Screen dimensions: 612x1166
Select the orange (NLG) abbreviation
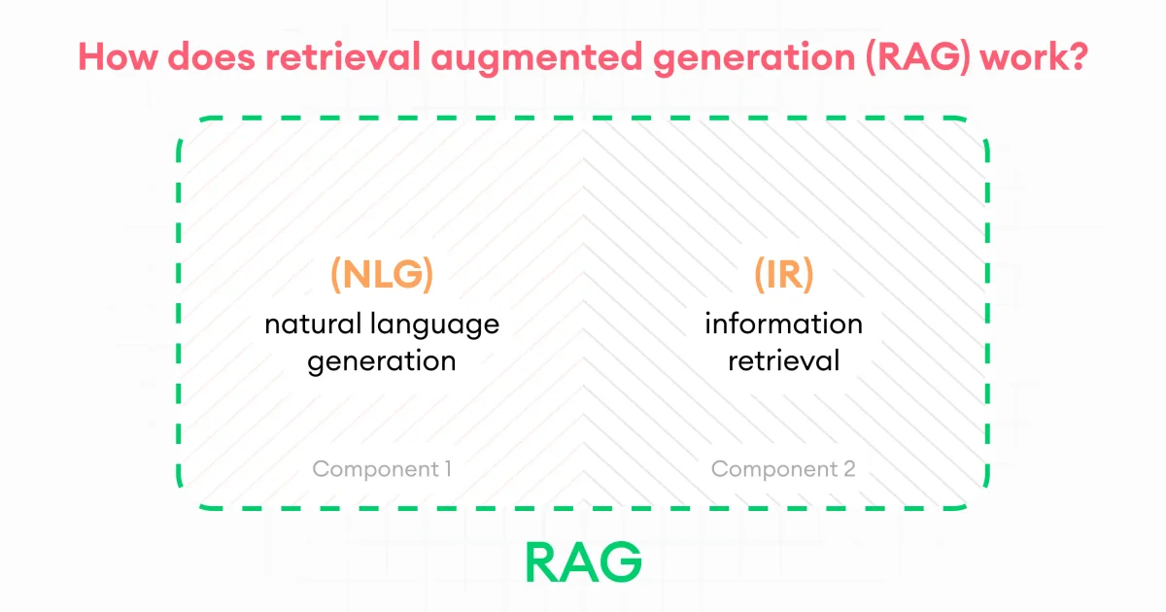[x=381, y=275]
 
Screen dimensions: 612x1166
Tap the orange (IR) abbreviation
[x=783, y=275]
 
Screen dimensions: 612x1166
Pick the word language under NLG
[x=438, y=324]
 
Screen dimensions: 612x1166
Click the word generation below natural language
[x=381, y=361]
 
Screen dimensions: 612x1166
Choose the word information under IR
[x=783, y=323]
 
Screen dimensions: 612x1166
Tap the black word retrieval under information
[x=783, y=360]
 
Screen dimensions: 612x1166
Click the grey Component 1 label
[x=381, y=469]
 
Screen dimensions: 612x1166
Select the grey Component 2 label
[x=783, y=469]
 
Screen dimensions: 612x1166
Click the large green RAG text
[x=583, y=561]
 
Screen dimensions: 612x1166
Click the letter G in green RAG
[x=622, y=561]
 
